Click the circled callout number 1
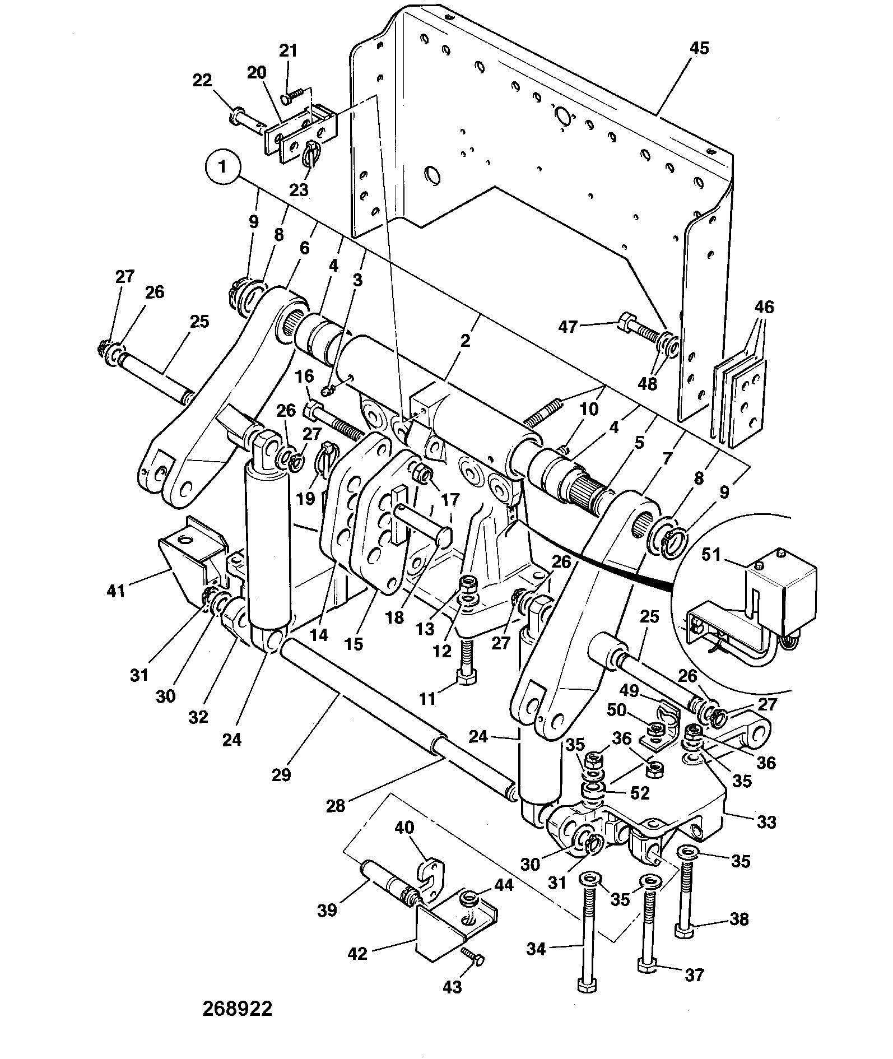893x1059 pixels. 222,168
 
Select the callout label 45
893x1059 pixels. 700,49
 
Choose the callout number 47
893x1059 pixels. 568,327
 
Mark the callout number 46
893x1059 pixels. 764,307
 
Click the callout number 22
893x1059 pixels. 202,81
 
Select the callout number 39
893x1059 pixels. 327,911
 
